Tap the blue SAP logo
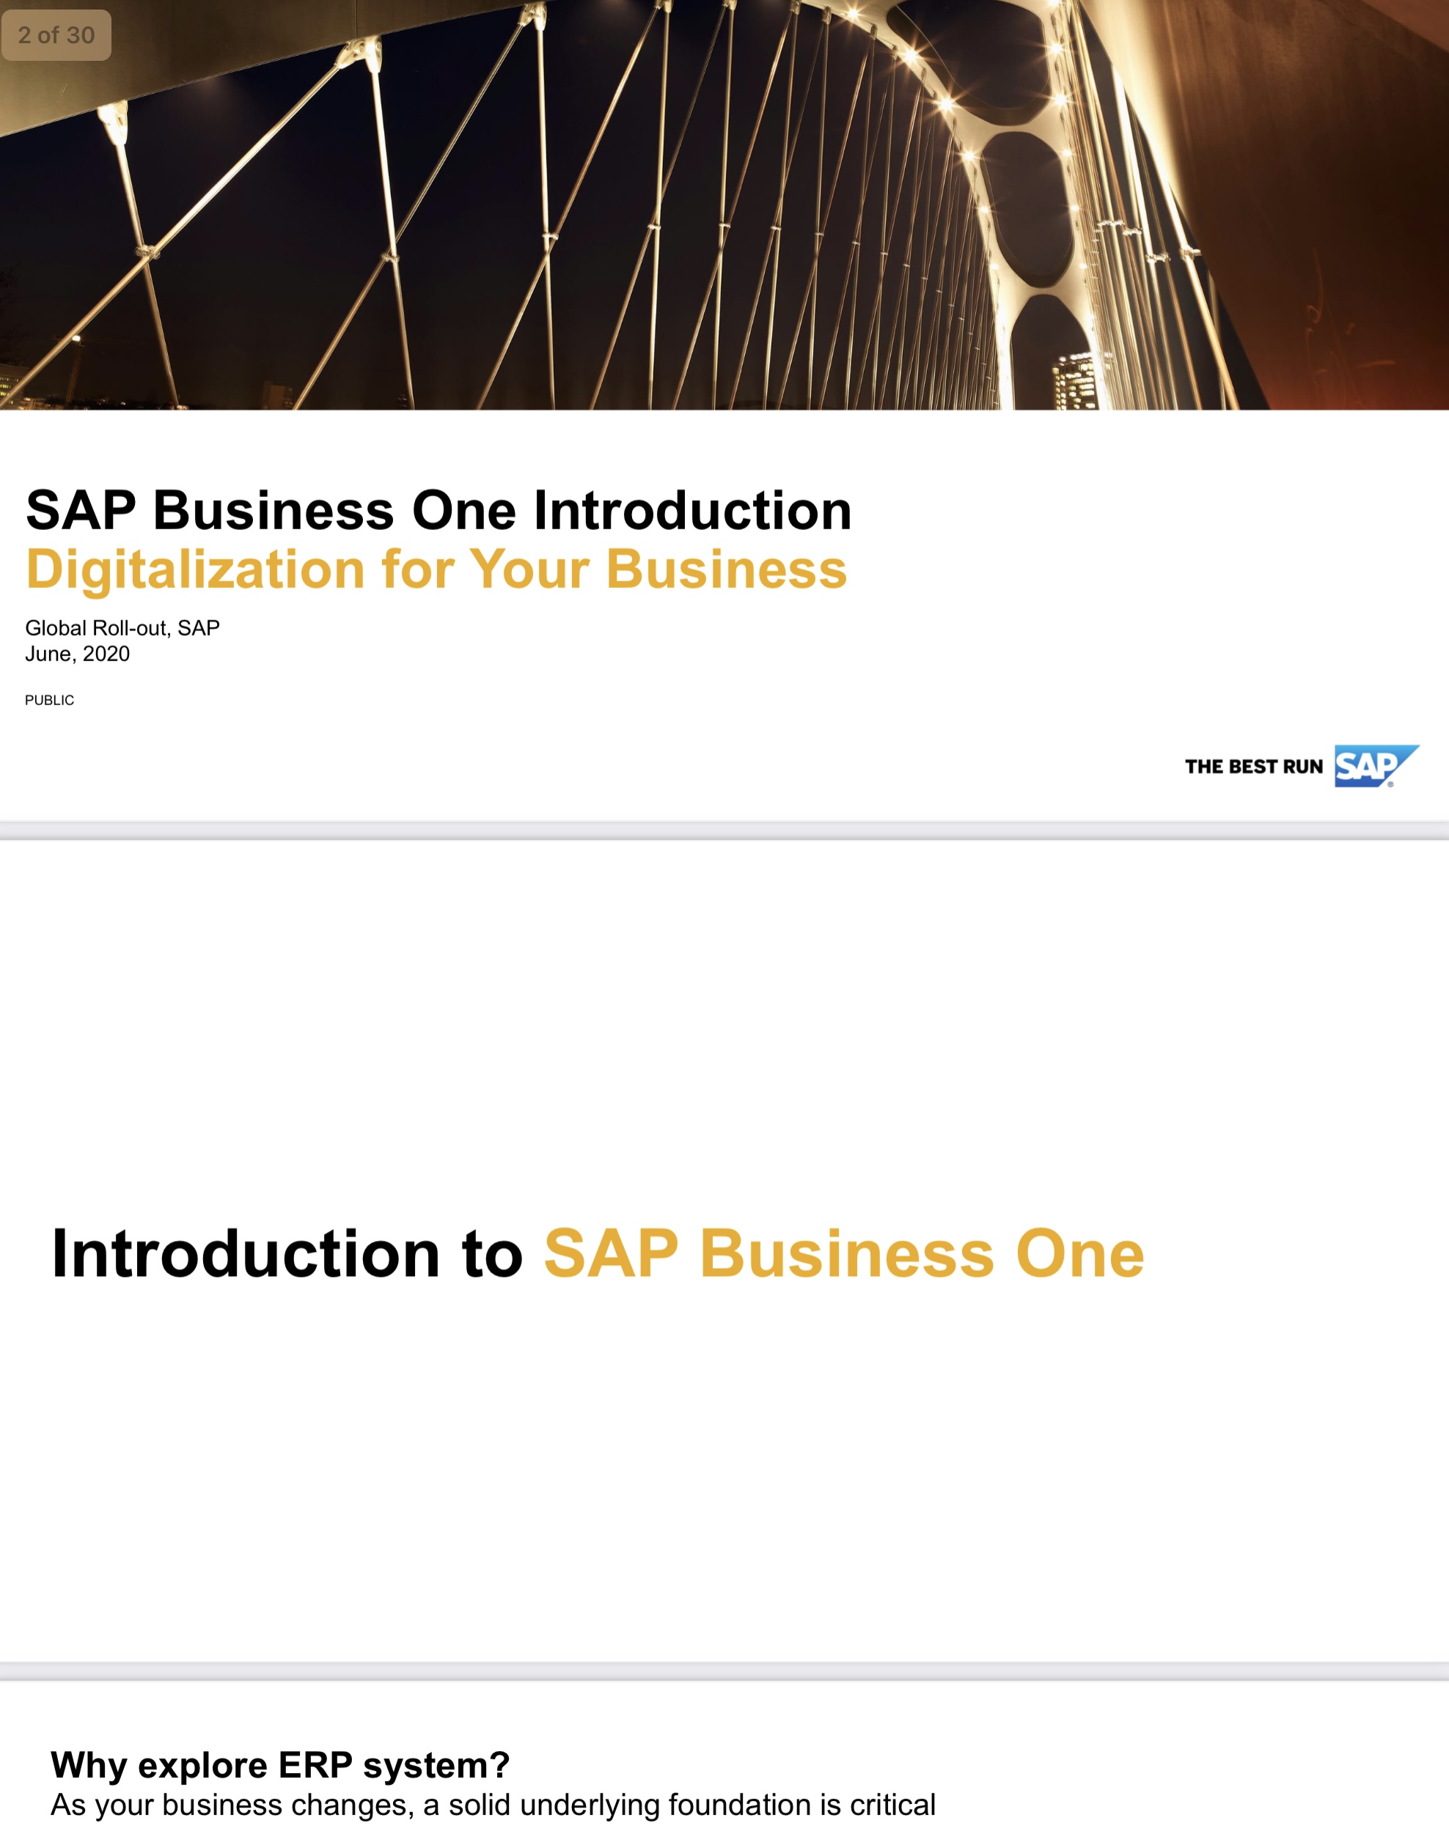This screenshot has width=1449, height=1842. [1373, 766]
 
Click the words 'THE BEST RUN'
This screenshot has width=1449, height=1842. [1253, 767]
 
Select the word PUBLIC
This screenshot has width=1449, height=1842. [49, 700]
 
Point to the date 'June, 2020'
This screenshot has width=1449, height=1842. [77, 654]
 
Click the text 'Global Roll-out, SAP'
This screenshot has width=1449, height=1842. [122, 627]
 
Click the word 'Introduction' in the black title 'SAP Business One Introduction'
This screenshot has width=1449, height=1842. [692, 511]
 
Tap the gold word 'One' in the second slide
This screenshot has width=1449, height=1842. [1080, 1253]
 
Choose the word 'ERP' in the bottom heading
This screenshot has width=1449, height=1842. [315, 1765]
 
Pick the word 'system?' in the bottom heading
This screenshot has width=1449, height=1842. [436, 1765]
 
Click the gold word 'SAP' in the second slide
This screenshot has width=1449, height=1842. [611, 1253]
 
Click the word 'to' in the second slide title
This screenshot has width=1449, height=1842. [492, 1253]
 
